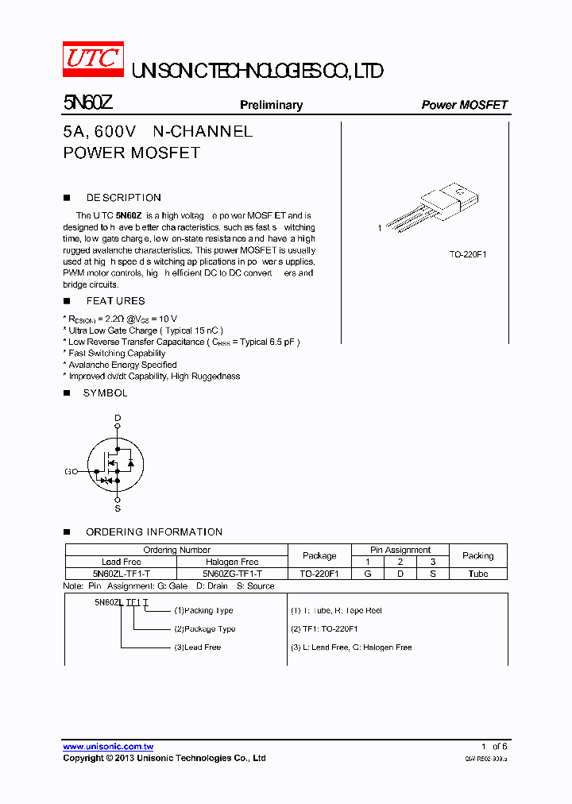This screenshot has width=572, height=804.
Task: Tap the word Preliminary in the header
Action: tap(271, 105)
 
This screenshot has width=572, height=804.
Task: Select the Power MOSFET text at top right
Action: tap(464, 105)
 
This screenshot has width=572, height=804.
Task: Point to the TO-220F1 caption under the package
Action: tap(468, 254)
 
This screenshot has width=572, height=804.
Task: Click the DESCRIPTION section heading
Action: tap(123, 198)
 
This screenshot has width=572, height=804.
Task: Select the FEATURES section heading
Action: tap(115, 301)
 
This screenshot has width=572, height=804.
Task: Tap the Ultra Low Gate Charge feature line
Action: tap(145, 330)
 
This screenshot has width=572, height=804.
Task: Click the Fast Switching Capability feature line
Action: tap(117, 354)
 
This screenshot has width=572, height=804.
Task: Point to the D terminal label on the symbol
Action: tap(118, 417)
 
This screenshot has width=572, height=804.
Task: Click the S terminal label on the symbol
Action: tap(118, 508)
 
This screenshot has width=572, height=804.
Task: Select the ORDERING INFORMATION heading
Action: tap(154, 532)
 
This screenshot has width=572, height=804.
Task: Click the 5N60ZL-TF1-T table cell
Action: tap(121, 574)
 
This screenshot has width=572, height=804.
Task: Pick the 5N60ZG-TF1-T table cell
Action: tap(232, 574)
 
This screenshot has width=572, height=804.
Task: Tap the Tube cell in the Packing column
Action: tap(478, 574)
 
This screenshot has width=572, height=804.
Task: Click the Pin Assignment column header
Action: tap(400, 550)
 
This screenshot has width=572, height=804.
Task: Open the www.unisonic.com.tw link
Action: tap(108, 747)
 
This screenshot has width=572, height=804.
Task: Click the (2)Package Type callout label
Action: tap(205, 629)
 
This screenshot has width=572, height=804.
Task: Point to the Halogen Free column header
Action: tap(232, 562)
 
